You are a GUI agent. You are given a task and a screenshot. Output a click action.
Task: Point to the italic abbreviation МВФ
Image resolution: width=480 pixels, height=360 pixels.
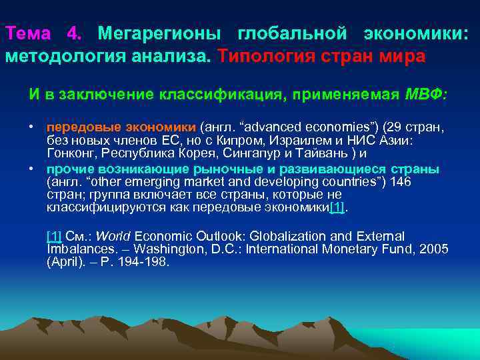[x=426, y=93]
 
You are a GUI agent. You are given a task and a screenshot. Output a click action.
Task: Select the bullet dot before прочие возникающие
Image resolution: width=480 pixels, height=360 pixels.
[x=31, y=169]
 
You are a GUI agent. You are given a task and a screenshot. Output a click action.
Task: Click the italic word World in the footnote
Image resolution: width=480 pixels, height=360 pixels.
[x=117, y=237]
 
